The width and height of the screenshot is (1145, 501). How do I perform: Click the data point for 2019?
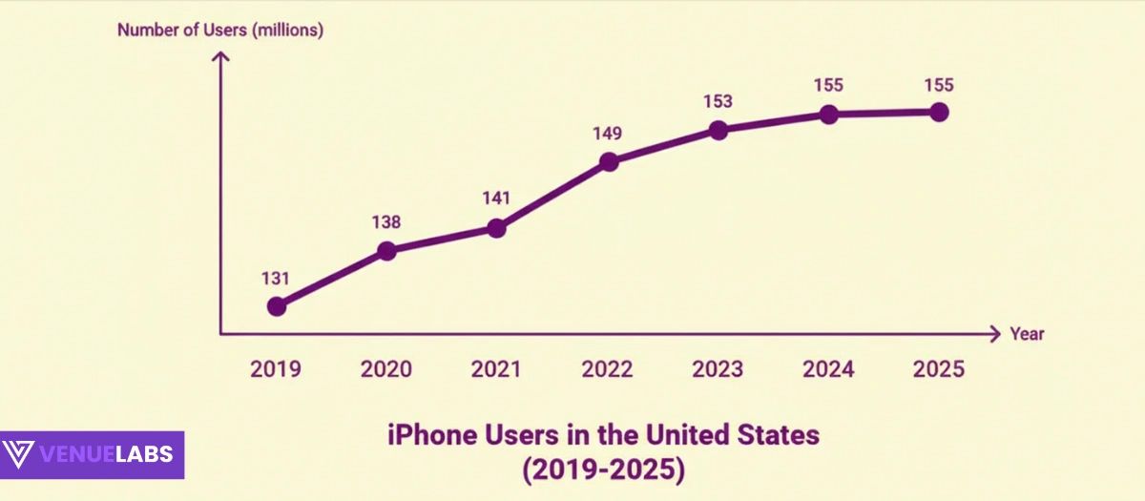[x=277, y=306]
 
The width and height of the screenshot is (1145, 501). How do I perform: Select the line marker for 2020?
[x=386, y=251]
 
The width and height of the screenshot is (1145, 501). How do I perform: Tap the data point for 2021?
[x=496, y=228]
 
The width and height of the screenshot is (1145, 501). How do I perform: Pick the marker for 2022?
[x=609, y=162]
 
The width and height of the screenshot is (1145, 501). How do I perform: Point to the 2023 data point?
[x=719, y=131]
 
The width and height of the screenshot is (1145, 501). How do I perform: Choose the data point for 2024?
[x=828, y=115]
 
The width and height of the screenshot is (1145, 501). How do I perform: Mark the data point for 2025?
[x=939, y=113]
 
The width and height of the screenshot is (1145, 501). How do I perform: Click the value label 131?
[x=276, y=279]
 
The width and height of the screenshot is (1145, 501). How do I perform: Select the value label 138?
[x=386, y=222]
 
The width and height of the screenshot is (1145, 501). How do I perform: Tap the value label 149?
[x=609, y=134]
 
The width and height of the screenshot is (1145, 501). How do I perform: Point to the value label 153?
[x=718, y=102]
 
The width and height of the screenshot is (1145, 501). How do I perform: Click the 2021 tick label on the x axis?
[x=496, y=369]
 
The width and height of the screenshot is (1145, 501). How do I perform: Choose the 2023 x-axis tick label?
[x=718, y=369]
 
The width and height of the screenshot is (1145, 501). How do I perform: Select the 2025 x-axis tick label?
[x=939, y=369]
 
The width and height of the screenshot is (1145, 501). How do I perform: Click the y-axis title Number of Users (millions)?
[x=220, y=30]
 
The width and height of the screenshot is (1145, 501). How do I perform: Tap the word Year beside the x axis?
[x=1027, y=334]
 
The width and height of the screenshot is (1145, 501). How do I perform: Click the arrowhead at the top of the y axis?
[x=220, y=57]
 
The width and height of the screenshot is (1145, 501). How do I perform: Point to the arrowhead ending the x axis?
[x=994, y=334]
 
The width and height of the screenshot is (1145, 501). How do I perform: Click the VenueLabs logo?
[x=93, y=454]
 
